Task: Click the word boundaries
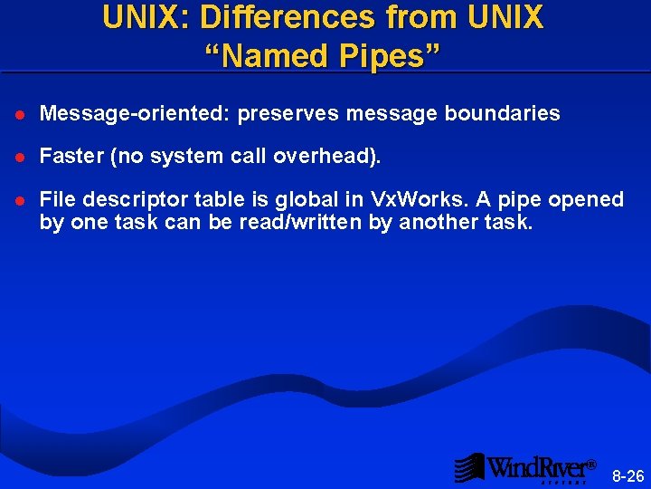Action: pos(502,114)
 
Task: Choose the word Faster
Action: pos(72,157)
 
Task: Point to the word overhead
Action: pos(331,157)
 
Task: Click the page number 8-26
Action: pos(628,475)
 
